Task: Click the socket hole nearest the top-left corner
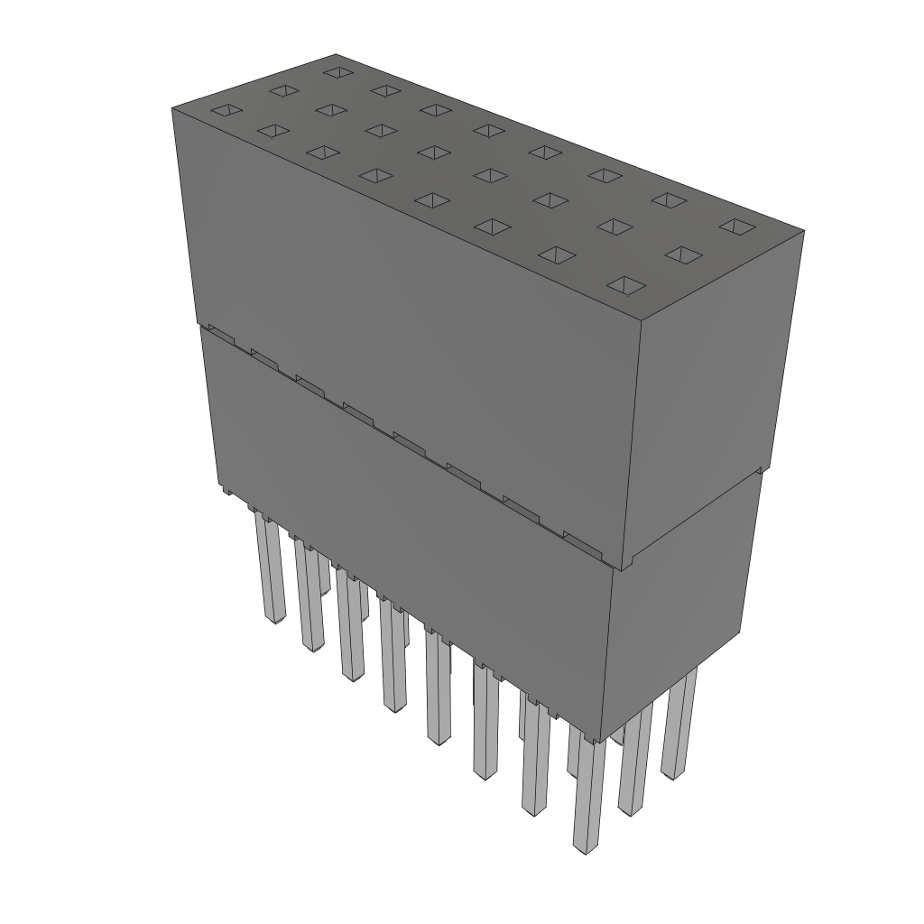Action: [x=226, y=110]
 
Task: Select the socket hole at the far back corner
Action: [x=337, y=71]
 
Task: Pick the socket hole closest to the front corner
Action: [x=627, y=286]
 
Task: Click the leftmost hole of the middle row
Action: [x=282, y=90]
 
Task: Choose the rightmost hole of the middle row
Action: [x=683, y=255]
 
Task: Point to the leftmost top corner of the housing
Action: [x=172, y=107]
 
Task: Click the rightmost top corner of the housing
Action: [x=803, y=231]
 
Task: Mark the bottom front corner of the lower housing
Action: [x=603, y=740]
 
